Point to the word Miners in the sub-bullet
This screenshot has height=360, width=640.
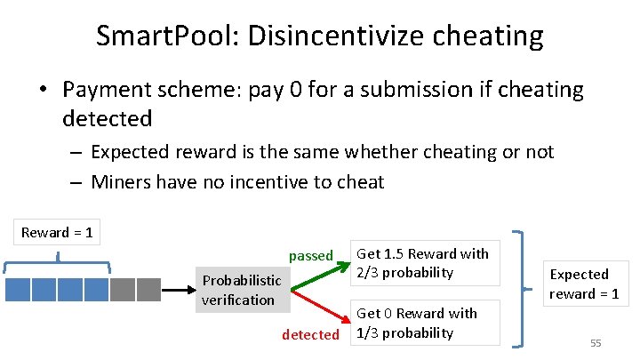(122, 182)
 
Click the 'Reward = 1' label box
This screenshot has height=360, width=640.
(57, 232)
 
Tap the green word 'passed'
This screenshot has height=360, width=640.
(310, 256)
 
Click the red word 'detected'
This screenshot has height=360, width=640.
(310, 334)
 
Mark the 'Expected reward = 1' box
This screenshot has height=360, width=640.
(583, 284)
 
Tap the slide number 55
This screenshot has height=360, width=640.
(596, 342)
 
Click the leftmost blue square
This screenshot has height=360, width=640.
(18, 290)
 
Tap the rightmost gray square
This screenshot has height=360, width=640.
(148, 290)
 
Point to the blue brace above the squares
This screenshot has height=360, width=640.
(58, 260)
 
